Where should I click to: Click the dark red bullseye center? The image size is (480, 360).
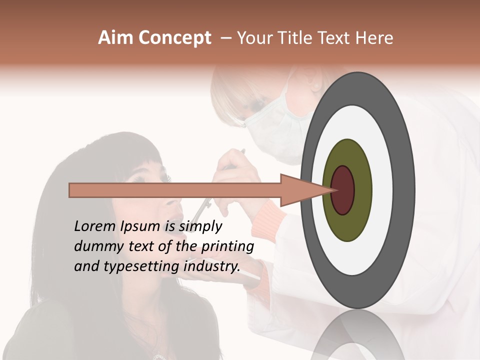pyautogui.click(x=342, y=190)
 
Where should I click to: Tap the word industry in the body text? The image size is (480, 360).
pyautogui.click(x=211, y=266)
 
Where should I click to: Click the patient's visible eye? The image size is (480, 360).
pyautogui.click(x=162, y=178)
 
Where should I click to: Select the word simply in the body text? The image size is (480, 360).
pyautogui.click(x=200, y=227)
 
